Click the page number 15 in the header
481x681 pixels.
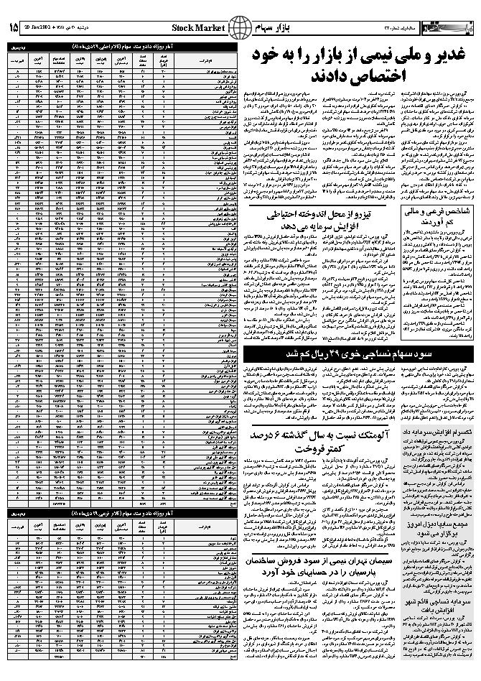point(13,28)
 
